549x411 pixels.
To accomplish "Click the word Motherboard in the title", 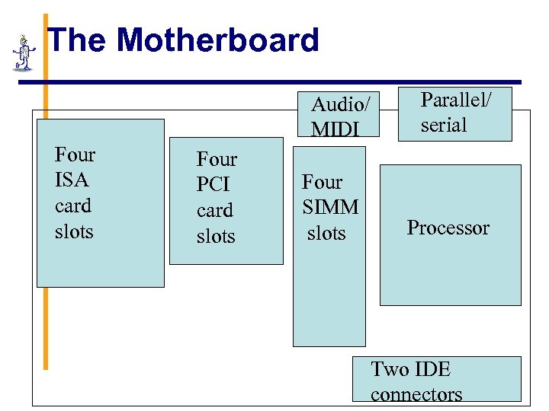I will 218,40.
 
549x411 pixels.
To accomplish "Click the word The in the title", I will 79,40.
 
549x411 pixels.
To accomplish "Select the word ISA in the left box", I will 72,180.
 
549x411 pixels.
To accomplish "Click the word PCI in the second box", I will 214,185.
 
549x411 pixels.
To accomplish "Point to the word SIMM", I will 330,207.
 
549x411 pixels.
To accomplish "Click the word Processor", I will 448,228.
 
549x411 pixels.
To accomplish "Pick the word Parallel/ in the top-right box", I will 457,100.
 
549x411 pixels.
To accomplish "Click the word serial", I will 443,125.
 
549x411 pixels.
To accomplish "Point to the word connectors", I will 416,394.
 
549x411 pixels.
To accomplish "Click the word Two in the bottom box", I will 389,370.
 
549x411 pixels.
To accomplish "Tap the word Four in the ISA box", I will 75,155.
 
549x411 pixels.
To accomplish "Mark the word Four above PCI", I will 217,160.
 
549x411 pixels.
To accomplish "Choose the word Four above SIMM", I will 322,182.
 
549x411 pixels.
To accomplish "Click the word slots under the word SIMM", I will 326,233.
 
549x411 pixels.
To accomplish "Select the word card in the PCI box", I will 214,210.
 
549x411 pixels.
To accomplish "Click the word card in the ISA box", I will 73,205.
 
